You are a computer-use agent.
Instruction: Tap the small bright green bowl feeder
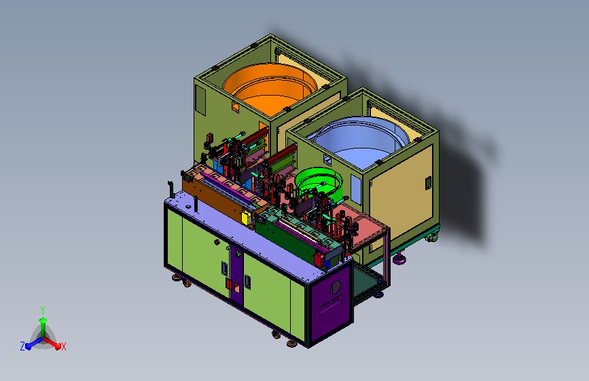pos(319,182)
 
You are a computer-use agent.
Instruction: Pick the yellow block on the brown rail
pos(247,218)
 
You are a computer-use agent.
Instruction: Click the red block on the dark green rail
pos(319,258)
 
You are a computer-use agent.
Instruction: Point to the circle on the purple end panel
pos(335,288)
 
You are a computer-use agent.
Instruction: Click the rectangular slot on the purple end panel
pos(331,305)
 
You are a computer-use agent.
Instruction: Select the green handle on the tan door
pos(428,183)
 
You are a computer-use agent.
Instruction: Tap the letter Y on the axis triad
pos(43,310)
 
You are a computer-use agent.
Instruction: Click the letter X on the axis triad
pos(63,347)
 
